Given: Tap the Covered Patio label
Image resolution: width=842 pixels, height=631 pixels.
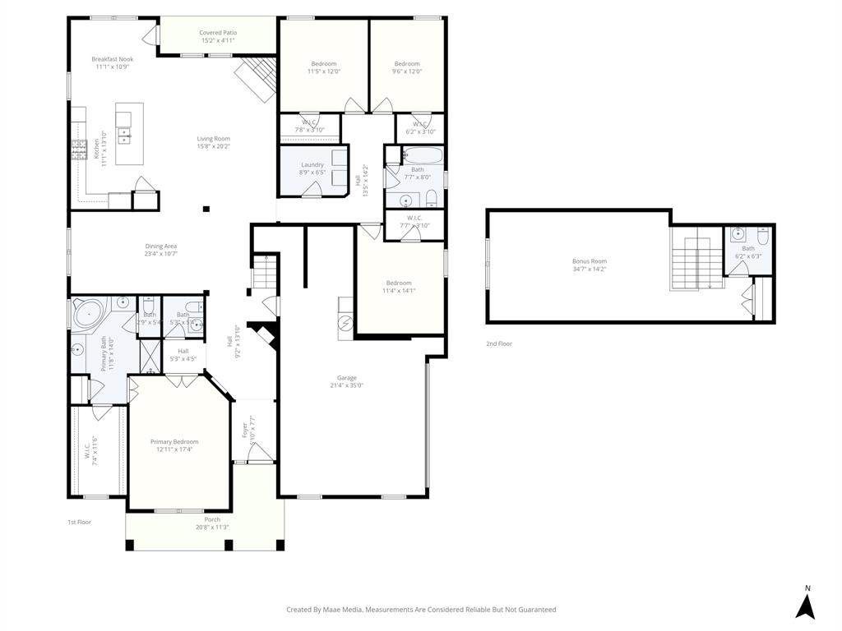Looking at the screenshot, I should (x=217, y=33).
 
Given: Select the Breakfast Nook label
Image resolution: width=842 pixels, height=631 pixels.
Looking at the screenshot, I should (x=112, y=59).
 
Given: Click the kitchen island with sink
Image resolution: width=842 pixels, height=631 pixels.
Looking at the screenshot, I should (x=129, y=133).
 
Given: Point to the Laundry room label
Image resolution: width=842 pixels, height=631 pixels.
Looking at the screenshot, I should (x=312, y=165).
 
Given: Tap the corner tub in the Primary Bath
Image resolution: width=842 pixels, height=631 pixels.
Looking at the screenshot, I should (x=88, y=314).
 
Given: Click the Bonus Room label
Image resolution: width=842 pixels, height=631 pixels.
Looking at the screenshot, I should (x=590, y=261).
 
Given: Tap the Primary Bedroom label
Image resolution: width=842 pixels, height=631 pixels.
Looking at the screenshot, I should (x=174, y=442).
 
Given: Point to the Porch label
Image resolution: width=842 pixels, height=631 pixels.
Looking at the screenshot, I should (x=213, y=520).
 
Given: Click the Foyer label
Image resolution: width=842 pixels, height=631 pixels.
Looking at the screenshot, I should (x=244, y=429).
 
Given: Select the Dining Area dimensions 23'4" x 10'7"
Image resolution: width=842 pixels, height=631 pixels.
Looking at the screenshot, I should (x=161, y=254).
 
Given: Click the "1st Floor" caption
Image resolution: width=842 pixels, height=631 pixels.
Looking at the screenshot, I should (x=79, y=522).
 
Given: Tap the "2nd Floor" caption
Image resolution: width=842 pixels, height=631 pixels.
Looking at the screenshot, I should (x=498, y=343).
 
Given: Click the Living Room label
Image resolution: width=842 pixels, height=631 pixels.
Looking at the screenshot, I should (x=213, y=139).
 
